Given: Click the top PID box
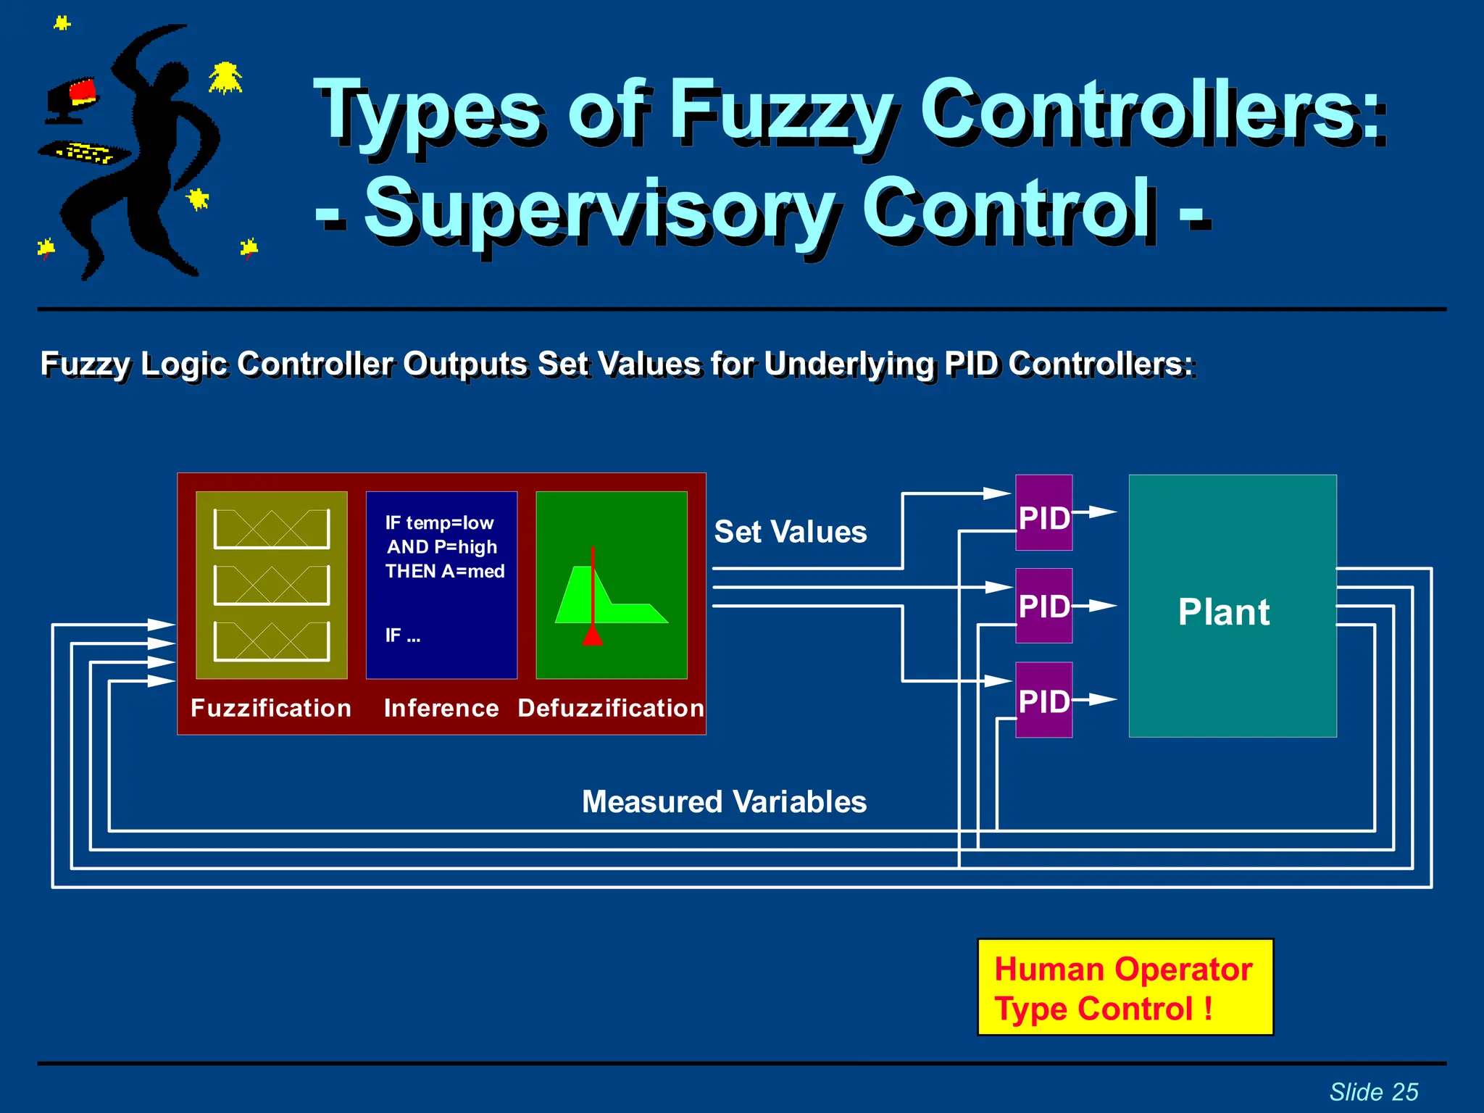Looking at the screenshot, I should (1043, 513).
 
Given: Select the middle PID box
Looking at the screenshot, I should (1043, 606).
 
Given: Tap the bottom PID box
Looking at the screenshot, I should (1043, 700).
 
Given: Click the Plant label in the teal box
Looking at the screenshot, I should (1223, 612).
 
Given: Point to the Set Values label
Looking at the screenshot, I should (790, 532).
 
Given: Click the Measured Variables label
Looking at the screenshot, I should (724, 802).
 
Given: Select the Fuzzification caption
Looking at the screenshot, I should (271, 708).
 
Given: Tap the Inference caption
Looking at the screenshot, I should (441, 708).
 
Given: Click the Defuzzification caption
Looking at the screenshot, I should (611, 708).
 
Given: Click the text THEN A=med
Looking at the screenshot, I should (445, 572).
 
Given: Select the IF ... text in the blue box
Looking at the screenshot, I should (403, 635).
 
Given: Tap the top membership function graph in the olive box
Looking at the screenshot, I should (272, 528).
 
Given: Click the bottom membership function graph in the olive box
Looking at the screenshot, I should (272, 641).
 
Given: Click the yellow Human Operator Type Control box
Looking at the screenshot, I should (1125, 988).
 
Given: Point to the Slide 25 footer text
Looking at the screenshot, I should (1373, 1091).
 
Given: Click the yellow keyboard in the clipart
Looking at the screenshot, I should (85, 153).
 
